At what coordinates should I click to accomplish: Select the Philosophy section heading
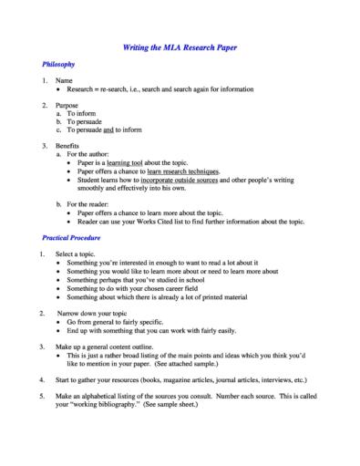(x=58, y=65)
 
